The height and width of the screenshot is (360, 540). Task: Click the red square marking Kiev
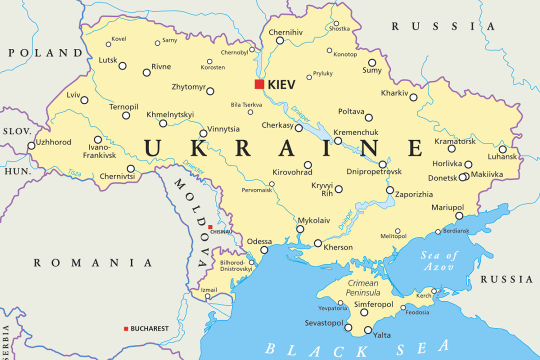tap(259, 84)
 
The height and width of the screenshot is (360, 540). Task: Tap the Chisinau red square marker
tap(210, 227)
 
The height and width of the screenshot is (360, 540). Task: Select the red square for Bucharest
tap(126, 328)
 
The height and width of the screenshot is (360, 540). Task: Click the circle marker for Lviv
tap(84, 100)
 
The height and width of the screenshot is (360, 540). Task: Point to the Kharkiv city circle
tap(413, 97)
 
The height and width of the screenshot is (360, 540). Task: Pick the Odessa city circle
tap(264, 250)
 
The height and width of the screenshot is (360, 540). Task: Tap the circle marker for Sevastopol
tap(348, 327)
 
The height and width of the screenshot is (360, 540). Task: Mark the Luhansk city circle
tap(502, 149)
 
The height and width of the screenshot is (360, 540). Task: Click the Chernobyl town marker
tap(252, 49)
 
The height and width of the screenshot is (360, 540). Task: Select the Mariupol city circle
tap(459, 216)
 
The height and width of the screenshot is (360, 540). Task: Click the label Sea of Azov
tap(439, 261)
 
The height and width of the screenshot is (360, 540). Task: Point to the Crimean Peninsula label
tap(363, 288)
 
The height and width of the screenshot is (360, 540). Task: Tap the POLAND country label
tap(45, 52)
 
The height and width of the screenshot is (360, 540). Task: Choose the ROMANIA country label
tap(92, 262)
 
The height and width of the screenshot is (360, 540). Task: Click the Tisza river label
tap(74, 172)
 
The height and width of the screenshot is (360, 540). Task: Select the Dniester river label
tap(193, 166)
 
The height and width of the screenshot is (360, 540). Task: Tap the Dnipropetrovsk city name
tap(374, 171)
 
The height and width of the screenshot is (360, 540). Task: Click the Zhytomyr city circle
tap(210, 91)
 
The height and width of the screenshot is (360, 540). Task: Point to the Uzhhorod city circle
tap(31, 145)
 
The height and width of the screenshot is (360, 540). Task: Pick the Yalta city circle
tap(368, 330)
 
